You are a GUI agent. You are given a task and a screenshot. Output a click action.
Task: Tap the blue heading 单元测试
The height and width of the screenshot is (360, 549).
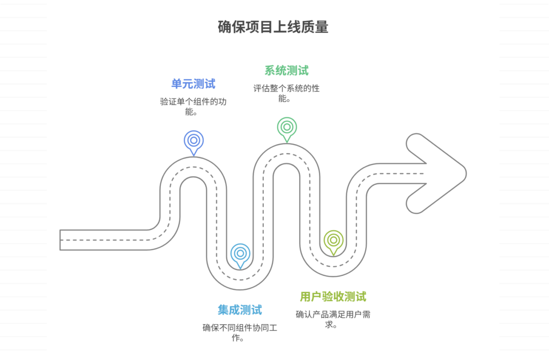[x=193, y=84]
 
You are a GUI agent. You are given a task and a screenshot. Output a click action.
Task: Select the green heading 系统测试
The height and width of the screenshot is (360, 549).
[x=286, y=71]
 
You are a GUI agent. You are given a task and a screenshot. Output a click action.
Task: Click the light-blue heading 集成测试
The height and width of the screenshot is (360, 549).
[x=240, y=310]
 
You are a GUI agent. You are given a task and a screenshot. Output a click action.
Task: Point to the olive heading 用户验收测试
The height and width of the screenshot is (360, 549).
[x=333, y=297]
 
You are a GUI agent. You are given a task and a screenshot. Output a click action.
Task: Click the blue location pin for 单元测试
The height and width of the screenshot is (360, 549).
[x=194, y=141]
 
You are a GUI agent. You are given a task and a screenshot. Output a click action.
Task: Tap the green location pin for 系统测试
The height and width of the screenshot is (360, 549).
[x=287, y=128]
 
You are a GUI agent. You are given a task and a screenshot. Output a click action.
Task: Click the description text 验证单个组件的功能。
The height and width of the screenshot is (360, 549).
[x=193, y=107]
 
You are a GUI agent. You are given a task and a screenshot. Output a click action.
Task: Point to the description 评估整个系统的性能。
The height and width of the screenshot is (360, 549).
[x=286, y=93]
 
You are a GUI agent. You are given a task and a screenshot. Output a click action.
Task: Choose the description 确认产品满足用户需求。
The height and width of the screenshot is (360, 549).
[x=333, y=319]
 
